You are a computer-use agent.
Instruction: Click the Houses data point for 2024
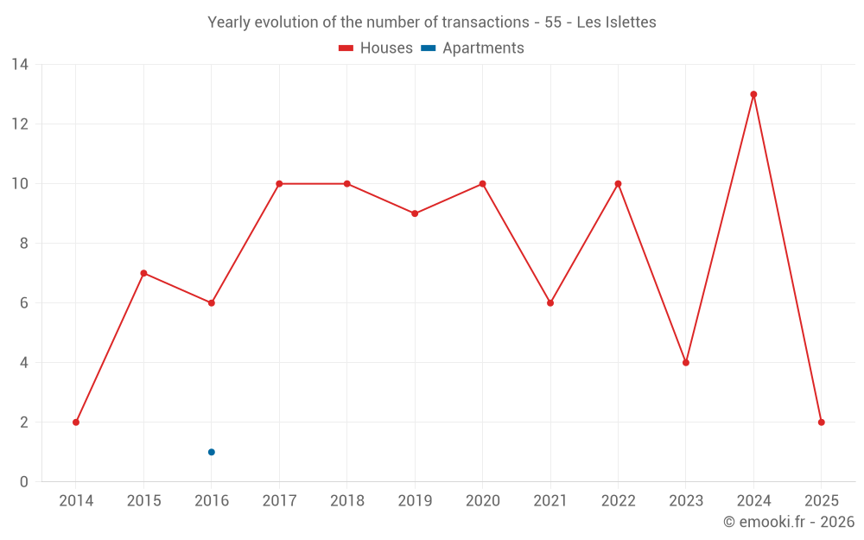click(x=753, y=94)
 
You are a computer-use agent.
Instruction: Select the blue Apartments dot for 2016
click(x=211, y=452)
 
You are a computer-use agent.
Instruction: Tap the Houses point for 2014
click(x=76, y=422)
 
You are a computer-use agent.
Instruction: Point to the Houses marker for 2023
click(x=686, y=363)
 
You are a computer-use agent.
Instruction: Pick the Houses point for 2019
click(x=415, y=213)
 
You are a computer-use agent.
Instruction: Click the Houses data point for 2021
click(x=550, y=303)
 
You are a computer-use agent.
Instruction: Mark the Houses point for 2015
click(x=143, y=273)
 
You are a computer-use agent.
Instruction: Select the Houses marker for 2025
click(x=821, y=422)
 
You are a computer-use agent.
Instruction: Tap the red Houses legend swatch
click(x=346, y=48)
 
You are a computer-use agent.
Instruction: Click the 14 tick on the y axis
click(x=20, y=65)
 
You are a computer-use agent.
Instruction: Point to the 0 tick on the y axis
click(x=24, y=482)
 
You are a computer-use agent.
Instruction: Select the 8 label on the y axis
click(x=24, y=244)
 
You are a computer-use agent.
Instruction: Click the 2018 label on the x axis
click(x=346, y=501)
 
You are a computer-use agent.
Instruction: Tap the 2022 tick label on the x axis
click(x=618, y=501)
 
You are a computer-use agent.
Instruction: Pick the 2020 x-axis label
click(x=482, y=501)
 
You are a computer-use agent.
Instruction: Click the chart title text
click(x=432, y=22)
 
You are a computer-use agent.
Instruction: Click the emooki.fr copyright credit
click(x=788, y=522)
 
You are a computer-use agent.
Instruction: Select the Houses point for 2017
click(x=279, y=184)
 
